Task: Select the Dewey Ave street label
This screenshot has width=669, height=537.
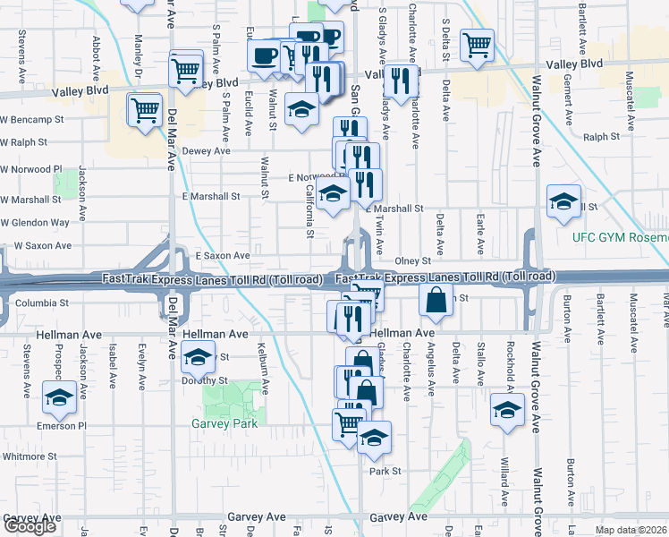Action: coord(207,151)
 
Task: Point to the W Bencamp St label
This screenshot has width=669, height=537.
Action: coord(33,118)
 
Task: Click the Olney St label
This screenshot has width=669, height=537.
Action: coord(412,260)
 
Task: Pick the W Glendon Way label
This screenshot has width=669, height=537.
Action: coord(35,222)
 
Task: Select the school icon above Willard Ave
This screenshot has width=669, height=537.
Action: coord(507,410)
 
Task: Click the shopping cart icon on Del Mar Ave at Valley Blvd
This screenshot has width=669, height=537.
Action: coord(186,68)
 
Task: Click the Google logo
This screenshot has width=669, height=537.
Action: coord(30,526)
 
